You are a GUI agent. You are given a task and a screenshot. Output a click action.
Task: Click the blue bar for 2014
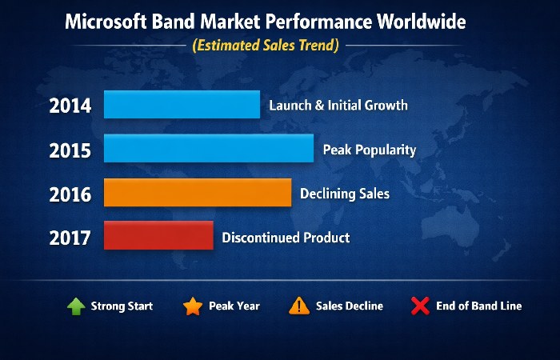pyautogui.click(x=182, y=105)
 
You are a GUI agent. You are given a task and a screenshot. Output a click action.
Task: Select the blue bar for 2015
pyautogui.click(x=209, y=149)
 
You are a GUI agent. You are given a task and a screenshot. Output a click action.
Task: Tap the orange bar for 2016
pyautogui.click(x=198, y=193)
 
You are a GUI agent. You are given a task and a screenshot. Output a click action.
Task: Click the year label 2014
pyautogui.click(x=70, y=106)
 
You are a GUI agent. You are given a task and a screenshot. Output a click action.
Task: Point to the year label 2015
pyautogui.click(x=70, y=150)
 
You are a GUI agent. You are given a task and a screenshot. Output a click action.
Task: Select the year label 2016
pyautogui.click(x=70, y=194)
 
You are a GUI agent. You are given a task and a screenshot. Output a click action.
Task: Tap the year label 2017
pyautogui.click(x=70, y=238)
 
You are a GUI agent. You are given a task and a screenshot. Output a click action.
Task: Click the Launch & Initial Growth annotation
pyautogui.click(x=338, y=106)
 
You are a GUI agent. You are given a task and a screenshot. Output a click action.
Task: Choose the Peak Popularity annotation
pyautogui.click(x=369, y=150)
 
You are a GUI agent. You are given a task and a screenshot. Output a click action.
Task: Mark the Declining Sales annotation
pyautogui.click(x=344, y=194)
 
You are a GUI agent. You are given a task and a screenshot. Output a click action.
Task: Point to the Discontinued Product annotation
pyautogui.click(x=286, y=238)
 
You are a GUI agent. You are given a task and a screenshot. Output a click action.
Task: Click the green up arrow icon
pyautogui.click(x=75, y=306)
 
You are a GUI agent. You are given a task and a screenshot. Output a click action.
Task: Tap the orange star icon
pyautogui.click(x=192, y=306)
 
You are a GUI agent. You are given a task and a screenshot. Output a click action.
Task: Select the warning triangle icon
pyautogui.click(x=299, y=306)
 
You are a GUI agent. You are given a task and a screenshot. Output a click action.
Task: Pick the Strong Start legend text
pyautogui.click(x=122, y=306)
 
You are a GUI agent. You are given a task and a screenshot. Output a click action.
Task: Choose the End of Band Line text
pyautogui.click(x=478, y=306)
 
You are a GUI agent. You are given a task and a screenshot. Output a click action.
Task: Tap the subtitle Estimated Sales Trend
pyautogui.click(x=265, y=46)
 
